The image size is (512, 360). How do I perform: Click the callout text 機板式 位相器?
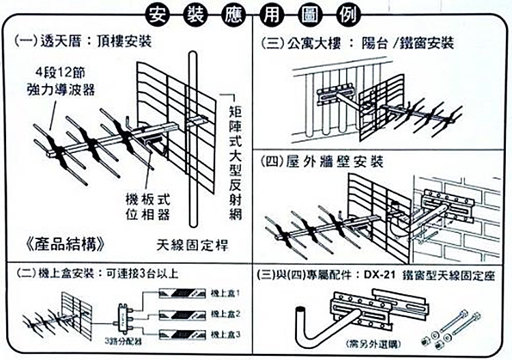147,206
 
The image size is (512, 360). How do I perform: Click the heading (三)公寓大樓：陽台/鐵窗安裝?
359,44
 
